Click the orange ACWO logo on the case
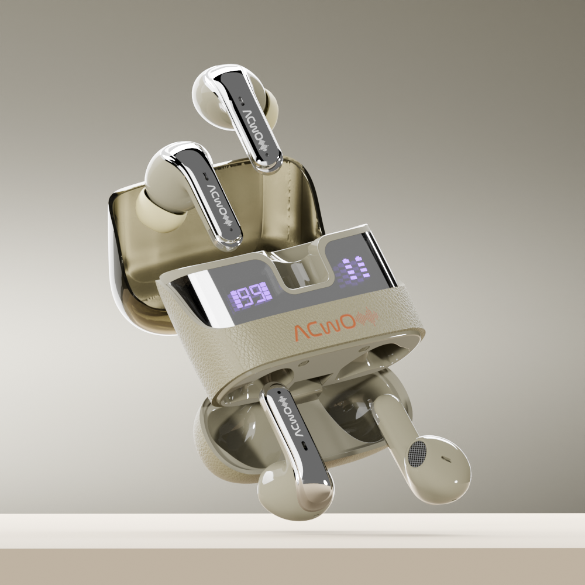(x=325, y=327)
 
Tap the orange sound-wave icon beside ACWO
(x=367, y=317)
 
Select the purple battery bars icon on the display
(x=353, y=270)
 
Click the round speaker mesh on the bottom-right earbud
(x=417, y=453)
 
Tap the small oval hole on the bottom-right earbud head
(x=446, y=459)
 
